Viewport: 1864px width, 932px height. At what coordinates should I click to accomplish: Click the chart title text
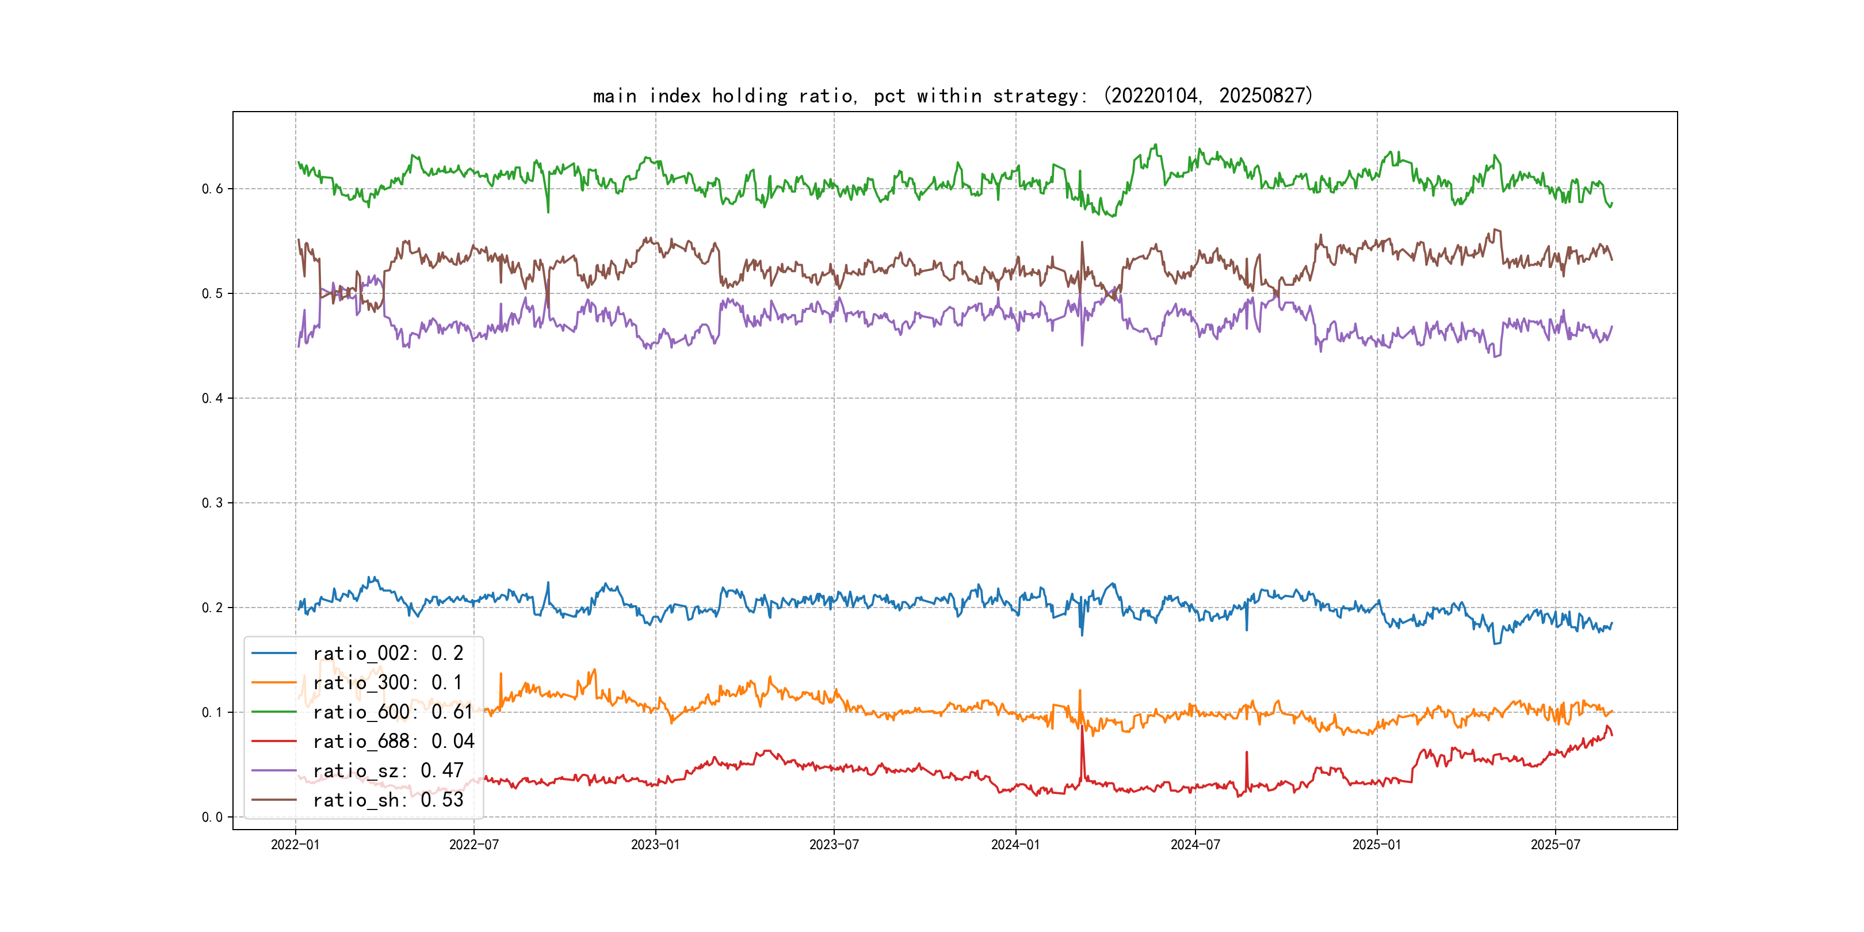pyautogui.click(x=952, y=96)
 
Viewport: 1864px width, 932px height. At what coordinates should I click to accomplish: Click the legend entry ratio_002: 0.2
pyautogui.click(x=387, y=654)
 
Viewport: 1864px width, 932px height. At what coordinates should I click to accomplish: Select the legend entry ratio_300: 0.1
pyautogui.click(x=387, y=683)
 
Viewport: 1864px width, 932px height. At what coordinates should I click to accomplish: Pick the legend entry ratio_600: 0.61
pyautogui.click(x=392, y=712)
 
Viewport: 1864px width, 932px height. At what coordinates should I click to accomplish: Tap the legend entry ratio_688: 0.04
pyautogui.click(x=393, y=742)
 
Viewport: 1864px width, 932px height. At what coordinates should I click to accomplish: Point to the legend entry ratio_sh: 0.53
pyautogui.click(x=387, y=800)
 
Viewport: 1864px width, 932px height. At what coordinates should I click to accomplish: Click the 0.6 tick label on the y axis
pyautogui.click(x=212, y=189)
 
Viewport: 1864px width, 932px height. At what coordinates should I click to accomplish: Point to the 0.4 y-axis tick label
pyautogui.click(x=212, y=398)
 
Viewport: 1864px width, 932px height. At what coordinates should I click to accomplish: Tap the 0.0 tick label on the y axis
pyautogui.click(x=212, y=817)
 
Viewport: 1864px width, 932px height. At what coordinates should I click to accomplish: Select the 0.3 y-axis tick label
pyautogui.click(x=212, y=503)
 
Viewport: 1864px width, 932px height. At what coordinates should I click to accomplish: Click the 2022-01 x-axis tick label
pyautogui.click(x=295, y=845)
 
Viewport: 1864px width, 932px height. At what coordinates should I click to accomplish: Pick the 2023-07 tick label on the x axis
pyautogui.click(x=834, y=845)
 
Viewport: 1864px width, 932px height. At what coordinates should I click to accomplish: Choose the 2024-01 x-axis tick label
pyautogui.click(x=1015, y=845)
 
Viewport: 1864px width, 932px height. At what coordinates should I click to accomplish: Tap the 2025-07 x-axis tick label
pyautogui.click(x=1555, y=845)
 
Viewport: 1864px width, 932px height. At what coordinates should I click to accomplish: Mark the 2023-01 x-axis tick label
pyautogui.click(x=656, y=845)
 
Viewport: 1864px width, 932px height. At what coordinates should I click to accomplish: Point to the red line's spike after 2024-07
pyautogui.click(x=1246, y=753)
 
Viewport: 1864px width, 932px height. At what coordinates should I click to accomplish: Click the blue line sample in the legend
pyautogui.click(x=274, y=654)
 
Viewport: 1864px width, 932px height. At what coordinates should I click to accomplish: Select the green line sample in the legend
pyautogui.click(x=274, y=712)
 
